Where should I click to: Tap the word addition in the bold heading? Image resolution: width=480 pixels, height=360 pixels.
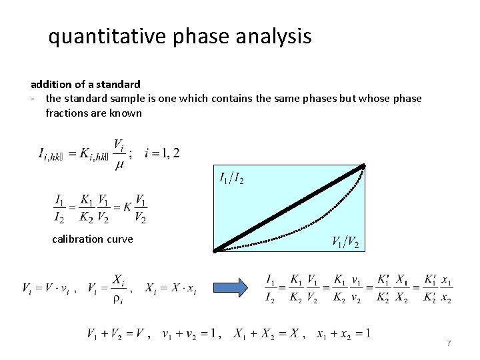click(x=52, y=85)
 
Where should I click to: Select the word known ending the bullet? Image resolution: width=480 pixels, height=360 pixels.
click(x=127, y=113)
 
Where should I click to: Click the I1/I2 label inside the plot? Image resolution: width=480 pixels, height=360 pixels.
click(x=231, y=178)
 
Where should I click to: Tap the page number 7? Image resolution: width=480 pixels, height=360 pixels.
click(x=449, y=343)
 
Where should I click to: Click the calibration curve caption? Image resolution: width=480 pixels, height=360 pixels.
click(x=92, y=239)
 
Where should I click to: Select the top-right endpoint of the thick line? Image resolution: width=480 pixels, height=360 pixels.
click(x=363, y=166)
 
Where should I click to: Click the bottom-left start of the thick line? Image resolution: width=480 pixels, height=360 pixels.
click(x=216, y=251)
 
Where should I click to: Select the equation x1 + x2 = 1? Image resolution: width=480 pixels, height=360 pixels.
click(x=343, y=333)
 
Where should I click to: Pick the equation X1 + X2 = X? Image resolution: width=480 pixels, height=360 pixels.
click(x=266, y=333)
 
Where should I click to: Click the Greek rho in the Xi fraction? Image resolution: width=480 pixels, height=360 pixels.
click(x=117, y=299)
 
